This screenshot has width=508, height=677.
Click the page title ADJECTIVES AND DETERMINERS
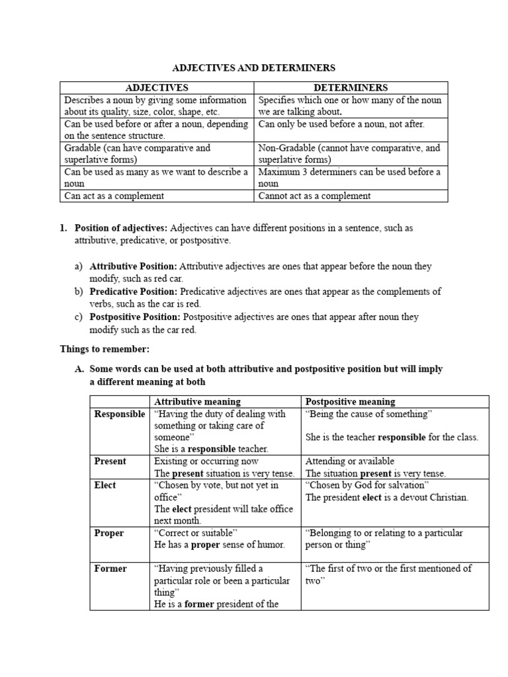(254, 67)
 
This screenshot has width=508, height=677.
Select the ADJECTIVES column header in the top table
(157, 87)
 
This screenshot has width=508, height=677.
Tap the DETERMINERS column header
(351, 87)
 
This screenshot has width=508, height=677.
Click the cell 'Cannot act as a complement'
(314, 196)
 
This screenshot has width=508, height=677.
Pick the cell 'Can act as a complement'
(114, 196)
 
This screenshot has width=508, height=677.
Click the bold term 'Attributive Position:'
(133, 266)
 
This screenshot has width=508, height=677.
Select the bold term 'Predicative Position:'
(133, 292)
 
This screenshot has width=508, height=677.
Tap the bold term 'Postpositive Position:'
(135, 317)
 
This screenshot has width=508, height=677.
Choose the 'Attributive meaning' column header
(197, 401)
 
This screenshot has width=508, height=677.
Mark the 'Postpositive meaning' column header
(350, 401)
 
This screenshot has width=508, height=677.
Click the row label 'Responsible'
(119, 414)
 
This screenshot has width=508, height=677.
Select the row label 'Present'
(110, 461)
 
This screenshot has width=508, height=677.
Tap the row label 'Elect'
(105, 485)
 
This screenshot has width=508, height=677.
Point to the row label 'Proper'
(108, 533)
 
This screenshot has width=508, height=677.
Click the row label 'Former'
(110, 569)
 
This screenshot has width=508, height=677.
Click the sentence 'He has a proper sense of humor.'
(219, 545)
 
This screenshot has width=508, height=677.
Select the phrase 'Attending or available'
(350, 461)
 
